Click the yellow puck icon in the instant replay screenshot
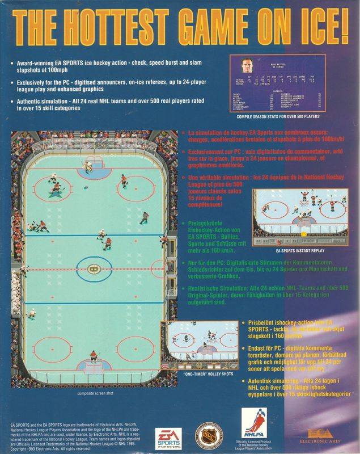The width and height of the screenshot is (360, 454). click(303, 234)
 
